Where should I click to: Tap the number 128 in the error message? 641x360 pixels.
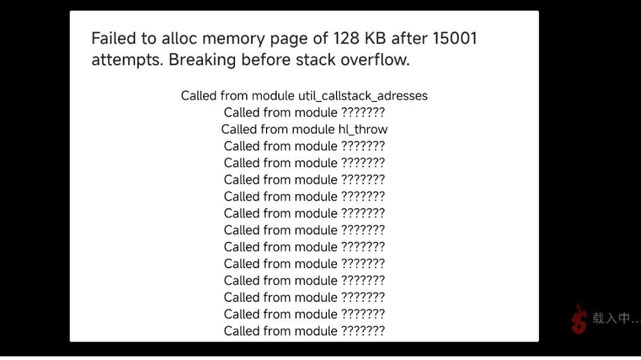[346, 39]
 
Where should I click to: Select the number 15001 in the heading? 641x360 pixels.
[455, 39]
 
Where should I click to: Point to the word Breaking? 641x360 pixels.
[202, 60]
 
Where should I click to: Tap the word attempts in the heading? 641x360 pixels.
[127, 60]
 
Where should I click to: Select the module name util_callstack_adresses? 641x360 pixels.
[363, 95]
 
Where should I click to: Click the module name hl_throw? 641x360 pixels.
[363, 129]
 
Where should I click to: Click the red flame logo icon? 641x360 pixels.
[579, 318]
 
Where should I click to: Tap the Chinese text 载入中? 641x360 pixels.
[611, 318]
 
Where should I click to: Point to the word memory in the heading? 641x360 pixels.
[233, 39]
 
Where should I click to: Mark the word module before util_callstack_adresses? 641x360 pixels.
[272, 95]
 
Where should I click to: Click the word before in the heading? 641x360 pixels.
[266, 60]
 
